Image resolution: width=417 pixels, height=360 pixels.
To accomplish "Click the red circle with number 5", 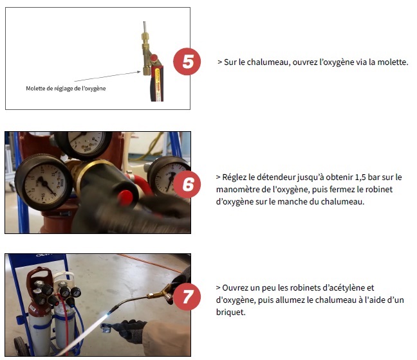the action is (187, 61).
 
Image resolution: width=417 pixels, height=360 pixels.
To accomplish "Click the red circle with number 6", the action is (187, 184).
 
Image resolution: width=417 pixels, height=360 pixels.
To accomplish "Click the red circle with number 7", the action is (187, 296).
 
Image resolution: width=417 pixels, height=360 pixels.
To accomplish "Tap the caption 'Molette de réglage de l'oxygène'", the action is (66, 89).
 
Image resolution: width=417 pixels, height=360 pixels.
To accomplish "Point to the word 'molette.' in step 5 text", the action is (393, 62).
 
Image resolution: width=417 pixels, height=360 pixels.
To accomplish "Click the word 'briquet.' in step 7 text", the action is (230, 312).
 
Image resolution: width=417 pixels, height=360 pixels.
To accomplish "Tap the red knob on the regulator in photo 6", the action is (125, 197).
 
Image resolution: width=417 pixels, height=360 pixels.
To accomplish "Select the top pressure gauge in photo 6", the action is (84, 144).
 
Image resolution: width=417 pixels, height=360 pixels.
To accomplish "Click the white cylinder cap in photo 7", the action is (64, 277).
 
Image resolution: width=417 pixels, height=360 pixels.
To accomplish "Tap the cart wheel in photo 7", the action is (21, 346).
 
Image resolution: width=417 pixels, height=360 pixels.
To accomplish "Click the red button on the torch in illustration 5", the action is (154, 57).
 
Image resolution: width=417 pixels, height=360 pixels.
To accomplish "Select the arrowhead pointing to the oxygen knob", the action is (138, 72).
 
